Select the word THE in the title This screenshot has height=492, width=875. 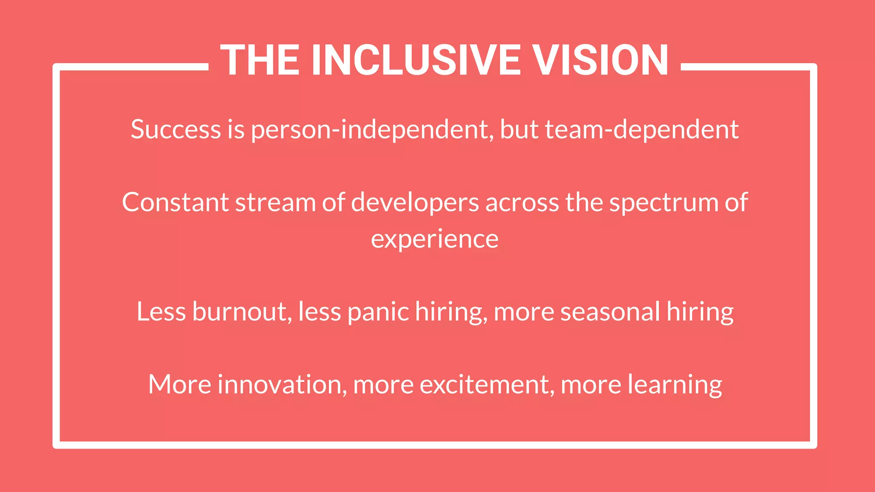tap(260, 60)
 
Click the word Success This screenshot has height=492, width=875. tap(176, 129)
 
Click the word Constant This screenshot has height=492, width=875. tap(175, 202)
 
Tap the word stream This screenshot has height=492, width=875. tap(276, 202)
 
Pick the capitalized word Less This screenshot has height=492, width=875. tap(161, 312)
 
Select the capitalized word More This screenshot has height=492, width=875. tap(179, 384)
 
